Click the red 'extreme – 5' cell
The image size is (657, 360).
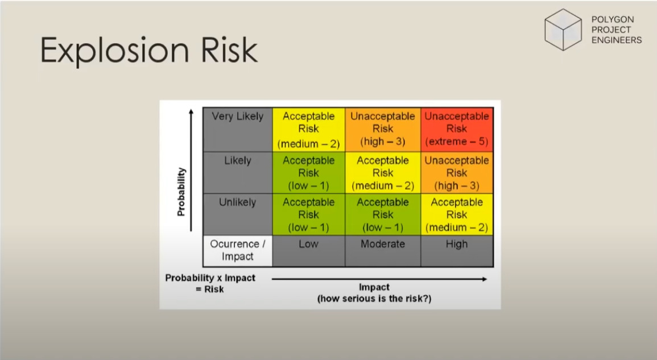tap(457, 129)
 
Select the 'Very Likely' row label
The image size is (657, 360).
tap(238, 117)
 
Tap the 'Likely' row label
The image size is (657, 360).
tap(238, 160)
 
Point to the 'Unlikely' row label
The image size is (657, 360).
tap(238, 202)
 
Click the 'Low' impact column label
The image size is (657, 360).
tap(308, 244)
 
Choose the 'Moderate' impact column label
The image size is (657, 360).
tap(383, 244)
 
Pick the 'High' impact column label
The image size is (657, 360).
tap(457, 244)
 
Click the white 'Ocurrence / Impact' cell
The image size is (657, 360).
tap(238, 250)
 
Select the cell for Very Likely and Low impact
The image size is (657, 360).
tap(308, 129)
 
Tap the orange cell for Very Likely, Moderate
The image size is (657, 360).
tap(383, 129)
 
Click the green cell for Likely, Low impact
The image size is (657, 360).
tap(308, 173)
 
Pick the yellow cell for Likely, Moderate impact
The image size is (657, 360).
tap(383, 173)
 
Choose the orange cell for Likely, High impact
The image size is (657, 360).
tap(457, 173)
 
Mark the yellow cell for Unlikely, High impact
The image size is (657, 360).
tap(457, 214)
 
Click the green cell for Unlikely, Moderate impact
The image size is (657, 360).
tap(383, 214)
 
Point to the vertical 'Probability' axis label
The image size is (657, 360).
tap(181, 192)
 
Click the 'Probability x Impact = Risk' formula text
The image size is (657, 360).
tap(210, 283)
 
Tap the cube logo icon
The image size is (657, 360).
tap(563, 30)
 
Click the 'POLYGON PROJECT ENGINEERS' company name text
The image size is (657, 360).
tap(617, 30)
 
